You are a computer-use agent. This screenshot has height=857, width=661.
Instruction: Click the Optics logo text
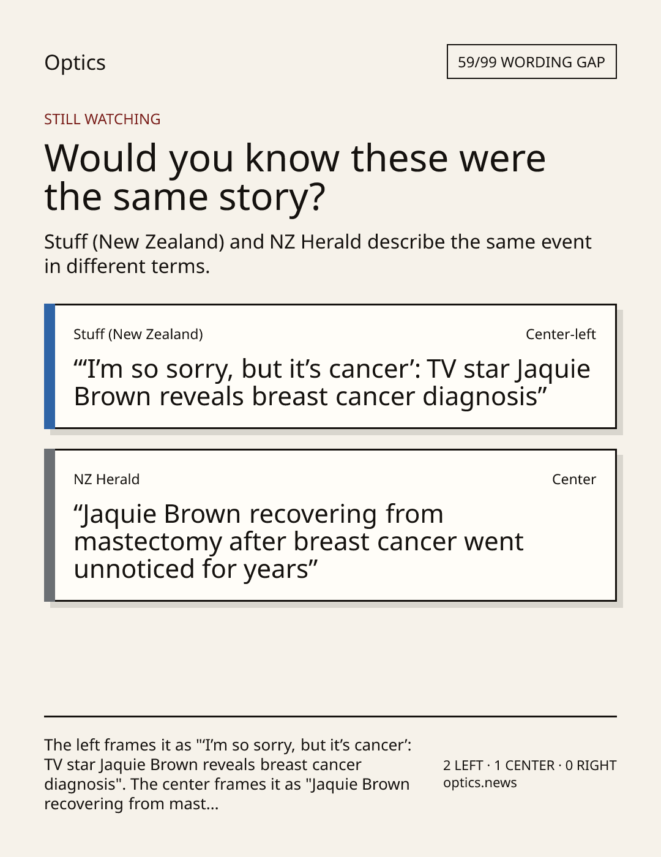(x=75, y=62)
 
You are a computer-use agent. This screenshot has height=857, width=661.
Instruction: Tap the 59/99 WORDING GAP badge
(x=531, y=62)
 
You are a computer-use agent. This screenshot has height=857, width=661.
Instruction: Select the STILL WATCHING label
(x=102, y=119)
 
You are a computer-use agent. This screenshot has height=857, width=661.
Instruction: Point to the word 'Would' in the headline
(x=100, y=158)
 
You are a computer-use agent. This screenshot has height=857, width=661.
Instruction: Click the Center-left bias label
(x=561, y=334)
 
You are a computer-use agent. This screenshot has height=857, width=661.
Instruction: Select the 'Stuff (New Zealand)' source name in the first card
(x=138, y=334)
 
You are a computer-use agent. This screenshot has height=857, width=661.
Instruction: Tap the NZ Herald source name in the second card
(x=106, y=479)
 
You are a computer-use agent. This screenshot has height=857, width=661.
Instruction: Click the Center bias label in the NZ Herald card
(x=574, y=479)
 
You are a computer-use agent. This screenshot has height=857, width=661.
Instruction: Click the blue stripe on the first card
(x=50, y=366)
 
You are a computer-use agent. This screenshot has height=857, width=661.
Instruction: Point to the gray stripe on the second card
(x=50, y=525)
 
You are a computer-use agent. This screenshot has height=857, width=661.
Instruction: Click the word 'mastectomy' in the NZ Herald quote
(x=148, y=542)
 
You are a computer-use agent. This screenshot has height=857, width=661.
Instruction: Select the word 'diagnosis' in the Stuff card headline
(x=479, y=397)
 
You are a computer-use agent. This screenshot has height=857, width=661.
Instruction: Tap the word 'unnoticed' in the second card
(x=134, y=569)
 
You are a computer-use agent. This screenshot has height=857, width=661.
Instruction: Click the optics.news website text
(x=480, y=782)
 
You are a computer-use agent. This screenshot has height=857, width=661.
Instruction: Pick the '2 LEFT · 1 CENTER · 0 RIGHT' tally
(x=530, y=765)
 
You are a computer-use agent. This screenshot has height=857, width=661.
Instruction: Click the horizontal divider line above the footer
(x=330, y=716)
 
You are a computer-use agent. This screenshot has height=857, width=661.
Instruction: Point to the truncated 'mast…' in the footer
(x=193, y=804)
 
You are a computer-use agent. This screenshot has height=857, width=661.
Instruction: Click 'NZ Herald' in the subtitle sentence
(x=315, y=242)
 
